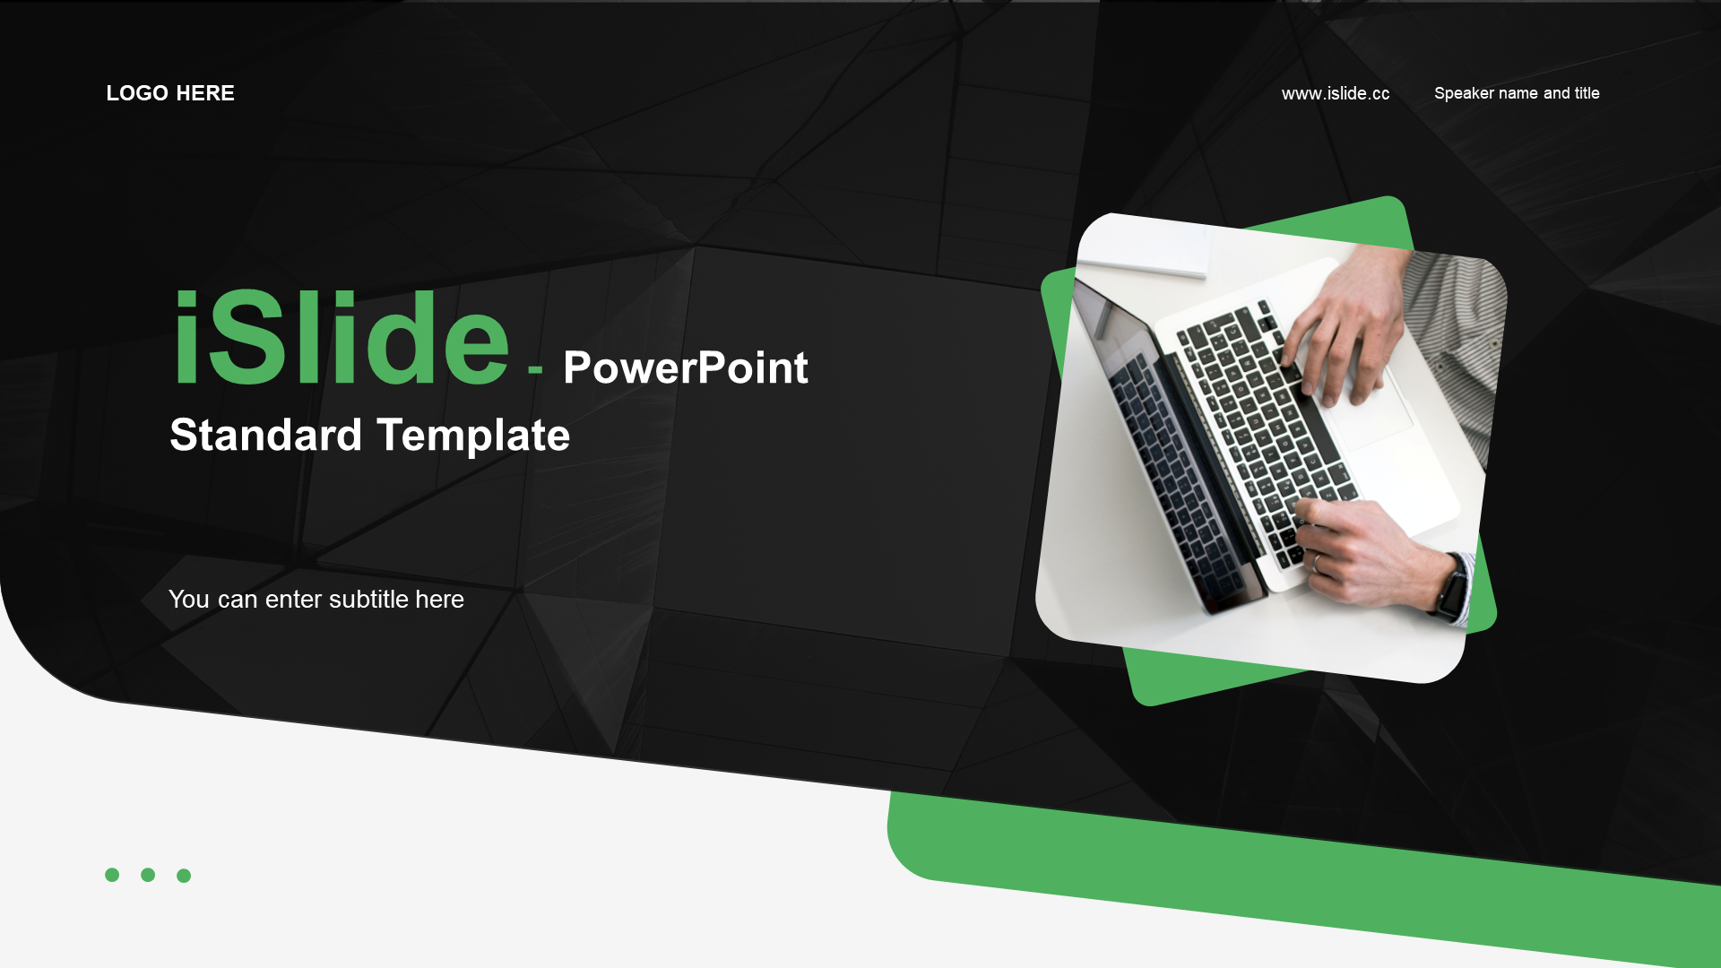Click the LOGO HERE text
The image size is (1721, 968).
point(170,93)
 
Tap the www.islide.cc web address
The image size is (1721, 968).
point(1336,93)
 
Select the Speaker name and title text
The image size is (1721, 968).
point(1517,93)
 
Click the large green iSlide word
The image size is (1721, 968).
point(342,339)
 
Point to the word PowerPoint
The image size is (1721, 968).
point(686,367)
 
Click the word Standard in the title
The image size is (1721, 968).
point(266,435)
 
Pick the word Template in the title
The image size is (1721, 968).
point(473,436)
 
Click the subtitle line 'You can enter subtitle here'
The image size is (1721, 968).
point(316,599)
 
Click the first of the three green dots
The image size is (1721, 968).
point(112,875)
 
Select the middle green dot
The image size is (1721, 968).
point(148,875)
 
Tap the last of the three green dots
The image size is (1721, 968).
point(184,876)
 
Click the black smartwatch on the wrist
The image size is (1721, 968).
point(1452,587)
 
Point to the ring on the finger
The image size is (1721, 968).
point(1317,563)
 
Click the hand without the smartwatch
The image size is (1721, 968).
point(1345,332)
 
